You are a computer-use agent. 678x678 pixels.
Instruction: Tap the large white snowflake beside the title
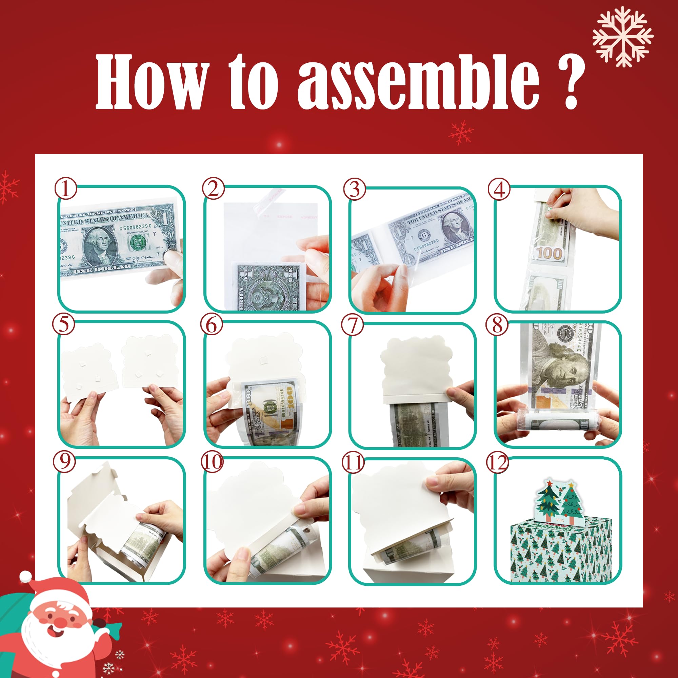(x=622, y=37)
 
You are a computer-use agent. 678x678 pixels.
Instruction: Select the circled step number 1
(x=65, y=189)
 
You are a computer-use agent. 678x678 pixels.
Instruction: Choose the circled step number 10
(x=212, y=462)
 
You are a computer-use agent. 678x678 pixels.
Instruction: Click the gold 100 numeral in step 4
(x=550, y=253)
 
